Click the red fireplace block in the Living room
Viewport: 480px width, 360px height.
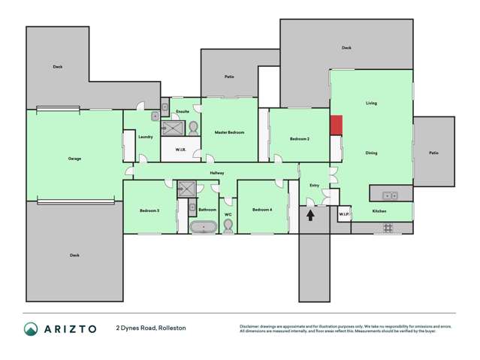point(337,126)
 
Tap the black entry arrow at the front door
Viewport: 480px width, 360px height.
point(310,215)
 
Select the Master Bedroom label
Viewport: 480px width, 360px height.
point(229,132)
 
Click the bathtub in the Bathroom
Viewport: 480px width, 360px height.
point(203,226)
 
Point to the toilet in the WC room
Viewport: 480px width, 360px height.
point(228,225)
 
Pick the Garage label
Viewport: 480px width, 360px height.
point(74,159)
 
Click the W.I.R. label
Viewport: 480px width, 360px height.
point(180,150)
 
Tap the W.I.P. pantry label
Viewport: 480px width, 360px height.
point(343,214)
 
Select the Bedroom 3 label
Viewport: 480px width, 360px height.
point(149,210)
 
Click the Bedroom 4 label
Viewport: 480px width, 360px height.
point(262,209)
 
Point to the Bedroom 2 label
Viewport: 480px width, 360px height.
point(300,139)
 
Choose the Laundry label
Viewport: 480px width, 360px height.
point(146,137)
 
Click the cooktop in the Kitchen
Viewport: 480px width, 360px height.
point(388,227)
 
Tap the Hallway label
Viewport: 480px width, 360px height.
point(217,173)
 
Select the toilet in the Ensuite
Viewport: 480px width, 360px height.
point(192,127)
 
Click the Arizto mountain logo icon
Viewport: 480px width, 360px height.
point(31,328)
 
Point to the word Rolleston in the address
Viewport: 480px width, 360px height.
point(171,328)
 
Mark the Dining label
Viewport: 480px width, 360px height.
point(371,153)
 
